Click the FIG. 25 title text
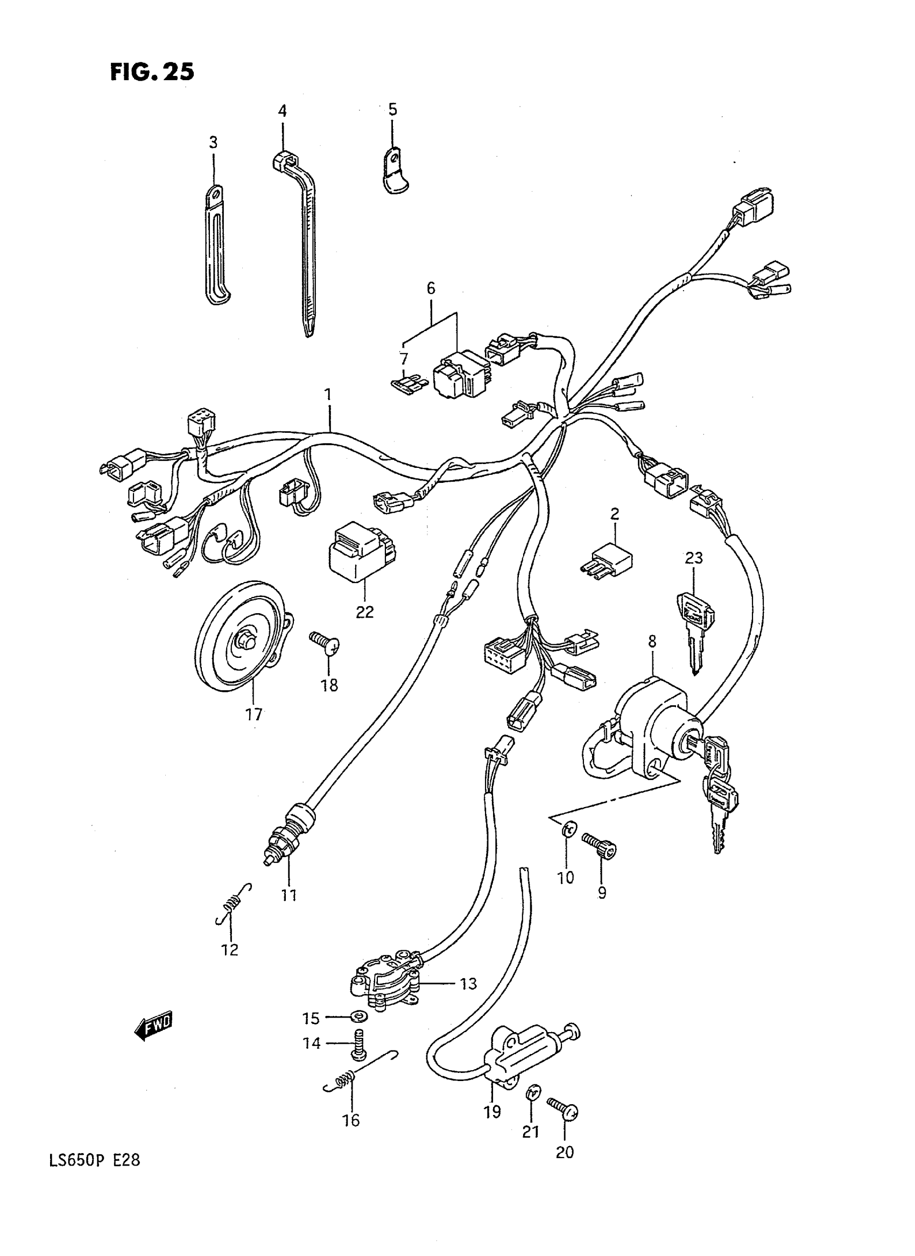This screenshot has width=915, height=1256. pyautogui.click(x=152, y=72)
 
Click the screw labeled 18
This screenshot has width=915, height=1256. pyautogui.click(x=324, y=645)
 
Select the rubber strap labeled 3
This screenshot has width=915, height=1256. pyautogui.click(x=216, y=244)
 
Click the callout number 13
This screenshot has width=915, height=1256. pyautogui.click(x=468, y=985)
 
